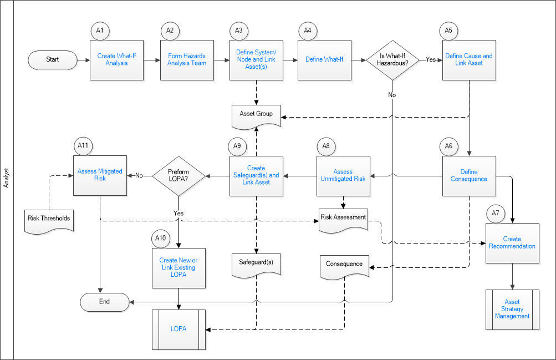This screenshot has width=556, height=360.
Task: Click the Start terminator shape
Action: pos(53,59)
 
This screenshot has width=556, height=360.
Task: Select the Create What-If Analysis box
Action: pos(116,60)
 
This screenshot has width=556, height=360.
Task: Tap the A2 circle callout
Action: pos(170,31)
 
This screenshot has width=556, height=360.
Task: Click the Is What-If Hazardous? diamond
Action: pos(392,60)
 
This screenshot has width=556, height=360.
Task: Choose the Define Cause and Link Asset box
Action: pos(469,60)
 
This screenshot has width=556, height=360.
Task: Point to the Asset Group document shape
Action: pos(256,116)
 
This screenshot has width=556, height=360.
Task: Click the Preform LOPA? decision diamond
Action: pos(178,176)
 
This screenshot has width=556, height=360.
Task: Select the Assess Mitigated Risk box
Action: pos(100,176)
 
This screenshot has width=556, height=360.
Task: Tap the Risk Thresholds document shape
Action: pos(49,221)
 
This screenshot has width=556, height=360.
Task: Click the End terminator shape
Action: pos(105,302)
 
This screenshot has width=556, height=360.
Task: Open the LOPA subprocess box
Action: pos(178,329)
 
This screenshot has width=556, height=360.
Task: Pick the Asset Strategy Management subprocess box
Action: pos(512,310)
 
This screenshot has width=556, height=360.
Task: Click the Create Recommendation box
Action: pos(512,243)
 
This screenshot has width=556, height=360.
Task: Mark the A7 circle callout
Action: pos(496,213)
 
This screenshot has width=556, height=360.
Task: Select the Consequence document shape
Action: pos(344,267)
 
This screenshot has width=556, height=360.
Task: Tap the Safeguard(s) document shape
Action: pos(256,265)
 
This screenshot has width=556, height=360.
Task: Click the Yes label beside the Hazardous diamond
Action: pos(431,59)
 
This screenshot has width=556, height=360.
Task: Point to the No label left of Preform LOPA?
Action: pos(139,176)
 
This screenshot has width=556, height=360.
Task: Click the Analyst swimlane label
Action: pos(7,178)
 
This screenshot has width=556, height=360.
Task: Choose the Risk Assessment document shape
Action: pos(343,220)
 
